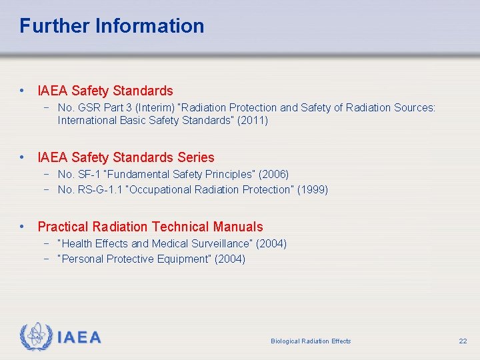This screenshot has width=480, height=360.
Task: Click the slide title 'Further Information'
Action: pyautogui.click(x=112, y=26)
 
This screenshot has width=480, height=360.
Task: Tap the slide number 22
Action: pyautogui.click(x=463, y=341)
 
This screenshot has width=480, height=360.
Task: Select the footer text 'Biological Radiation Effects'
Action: pyautogui.click(x=311, y=341)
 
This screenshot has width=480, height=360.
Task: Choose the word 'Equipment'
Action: pyautogui.click(x=184, y=259)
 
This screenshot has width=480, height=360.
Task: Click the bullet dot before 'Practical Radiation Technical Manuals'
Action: pyautogui.click(x=23, y=227)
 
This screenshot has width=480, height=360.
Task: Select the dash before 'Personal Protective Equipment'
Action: pyautogui.click(x=47, y=259)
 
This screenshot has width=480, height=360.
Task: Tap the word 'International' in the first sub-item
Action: pyautogui.click(x=89, y=121)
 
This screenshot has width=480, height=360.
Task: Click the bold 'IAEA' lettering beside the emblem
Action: pyautogui.click(x=79, y=337)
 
